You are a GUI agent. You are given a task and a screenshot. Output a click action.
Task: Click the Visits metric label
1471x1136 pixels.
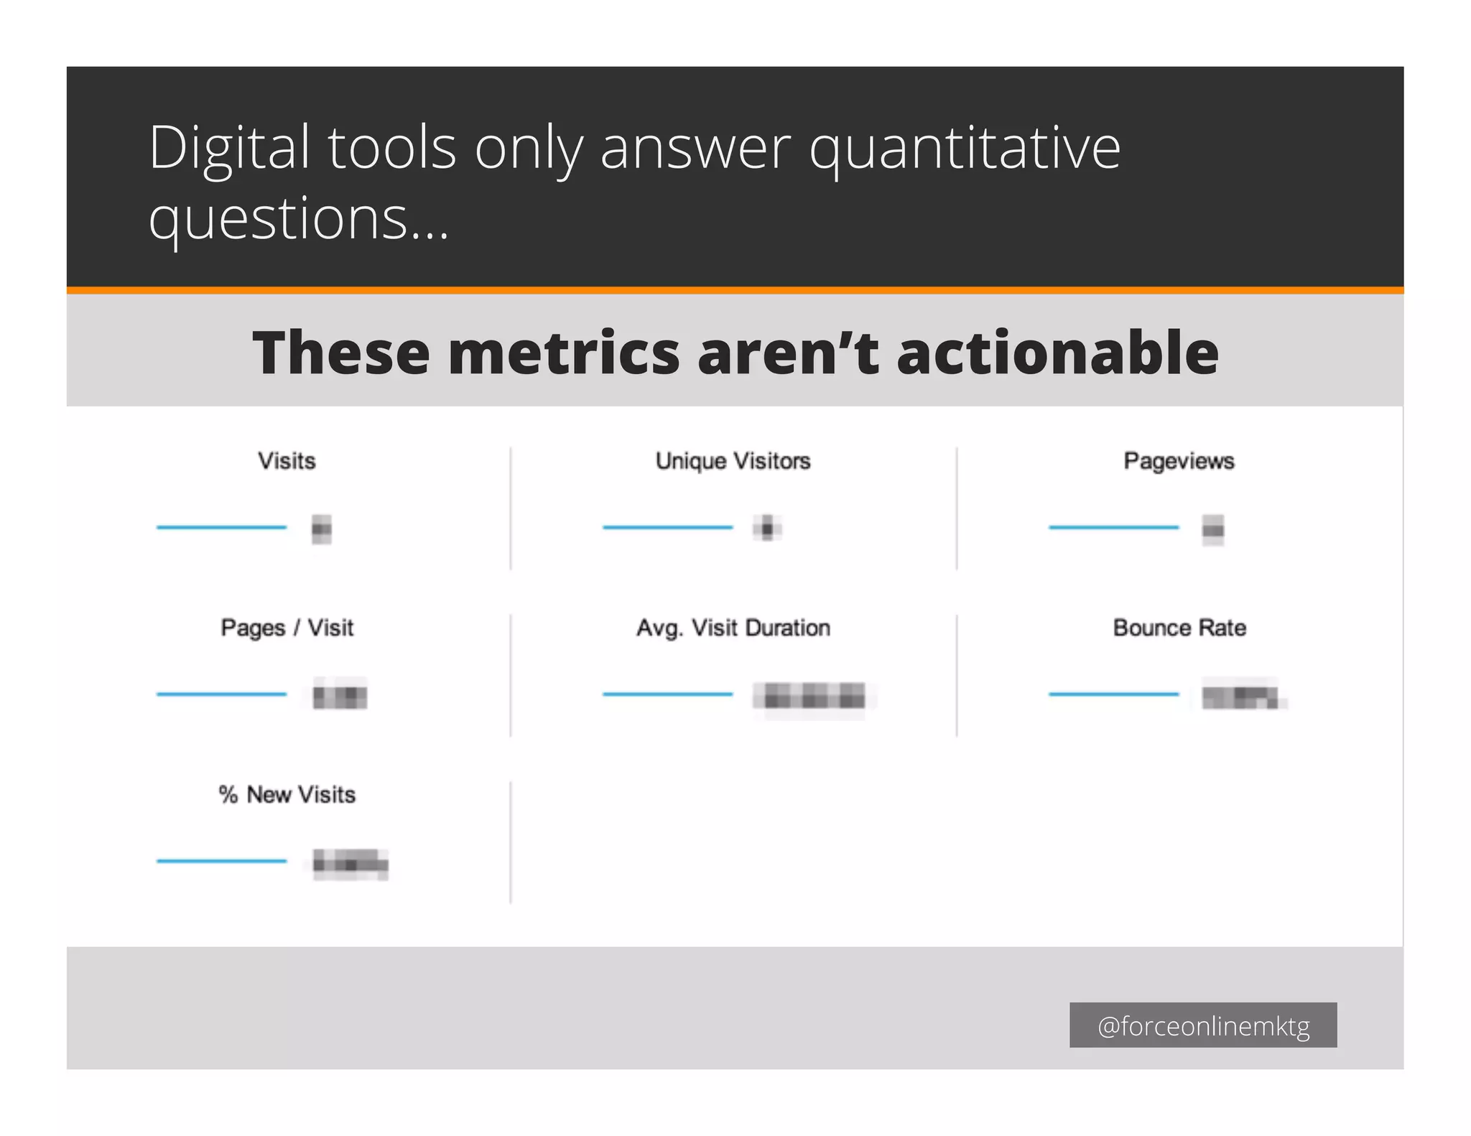tap(287, 461)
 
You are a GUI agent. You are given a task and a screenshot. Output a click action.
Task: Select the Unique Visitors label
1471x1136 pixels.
tap(733, 461)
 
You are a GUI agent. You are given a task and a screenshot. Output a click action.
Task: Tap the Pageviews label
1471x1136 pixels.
tap(1179, 461)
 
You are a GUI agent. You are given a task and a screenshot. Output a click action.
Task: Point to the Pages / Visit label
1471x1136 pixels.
tap(287, 628)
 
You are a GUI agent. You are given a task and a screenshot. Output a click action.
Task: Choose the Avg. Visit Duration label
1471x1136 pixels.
tap(733, 628)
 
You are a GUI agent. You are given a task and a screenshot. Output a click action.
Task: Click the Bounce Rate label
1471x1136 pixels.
tap(1179, 628)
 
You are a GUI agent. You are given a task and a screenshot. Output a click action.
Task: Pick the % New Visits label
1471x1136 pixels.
tap(287, 795)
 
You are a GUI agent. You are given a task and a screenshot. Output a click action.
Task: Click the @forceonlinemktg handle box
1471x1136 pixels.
tap(1203, 1025)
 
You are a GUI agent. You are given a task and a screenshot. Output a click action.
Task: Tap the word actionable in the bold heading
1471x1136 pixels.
tap(1057, 353)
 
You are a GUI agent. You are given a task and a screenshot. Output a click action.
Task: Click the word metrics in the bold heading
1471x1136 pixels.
tap(563, 353)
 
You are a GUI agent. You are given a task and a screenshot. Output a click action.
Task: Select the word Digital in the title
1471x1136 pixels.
tap(229, 149)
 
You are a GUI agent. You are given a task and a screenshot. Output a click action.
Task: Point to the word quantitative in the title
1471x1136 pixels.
tap(965, 149)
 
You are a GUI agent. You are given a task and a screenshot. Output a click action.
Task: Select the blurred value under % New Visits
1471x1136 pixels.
tap(351, 863)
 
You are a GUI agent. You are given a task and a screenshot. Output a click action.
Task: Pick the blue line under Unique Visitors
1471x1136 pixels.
tap(667, 528)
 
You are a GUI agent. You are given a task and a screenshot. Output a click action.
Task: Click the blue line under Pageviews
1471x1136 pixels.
tap(1113, 528)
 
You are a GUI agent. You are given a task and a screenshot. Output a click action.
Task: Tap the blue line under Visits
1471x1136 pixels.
tap(221, 528)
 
